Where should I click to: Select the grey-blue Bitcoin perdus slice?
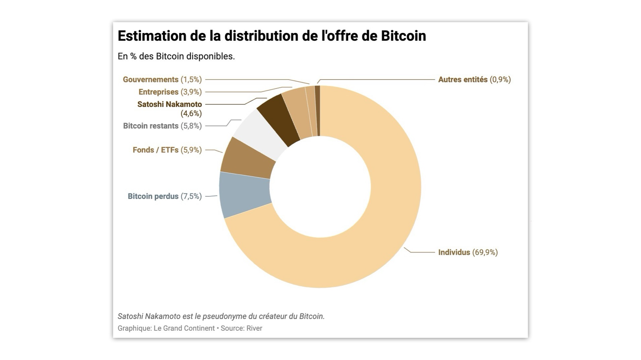[x=245, y=195]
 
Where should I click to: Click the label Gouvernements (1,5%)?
[x=162, y=80]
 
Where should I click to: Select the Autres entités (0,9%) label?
[x=474, y=80]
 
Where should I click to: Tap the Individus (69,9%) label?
[x=467, y=252]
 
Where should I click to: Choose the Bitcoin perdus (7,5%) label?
[x=164, y=196]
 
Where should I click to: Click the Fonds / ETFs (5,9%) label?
[x=167, y=150]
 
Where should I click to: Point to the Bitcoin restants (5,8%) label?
[x=162, y=126]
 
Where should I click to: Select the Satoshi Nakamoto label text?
[x=169, y=104]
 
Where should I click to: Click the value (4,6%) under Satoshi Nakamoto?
[x=191, y=114]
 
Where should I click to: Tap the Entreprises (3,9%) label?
[x=170, y=92]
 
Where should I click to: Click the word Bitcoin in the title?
[x=403, y=36]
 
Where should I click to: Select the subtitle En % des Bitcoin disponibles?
[x=176, y=56]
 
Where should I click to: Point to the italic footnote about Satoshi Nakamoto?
[x=221, y=316]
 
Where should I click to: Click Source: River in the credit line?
[x=241, y=328]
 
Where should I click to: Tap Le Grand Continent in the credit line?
[x=184, y=328]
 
